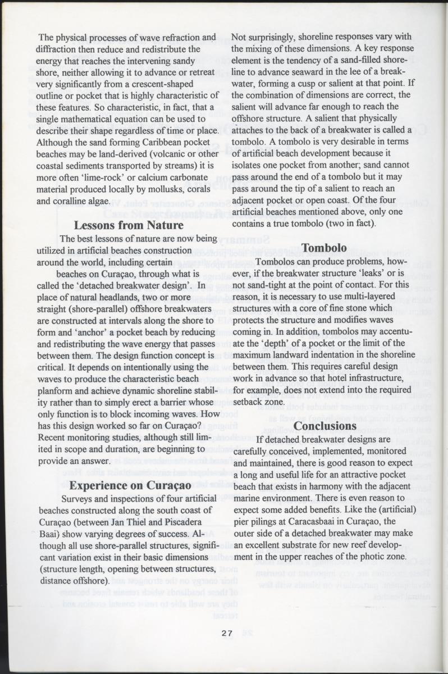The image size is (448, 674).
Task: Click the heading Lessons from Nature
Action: (x=129, y=225)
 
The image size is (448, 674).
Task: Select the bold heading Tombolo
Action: (x=323, y=248)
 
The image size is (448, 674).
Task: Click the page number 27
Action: (x=227, y=634)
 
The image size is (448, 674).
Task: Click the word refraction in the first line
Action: (x=167, y=38)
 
